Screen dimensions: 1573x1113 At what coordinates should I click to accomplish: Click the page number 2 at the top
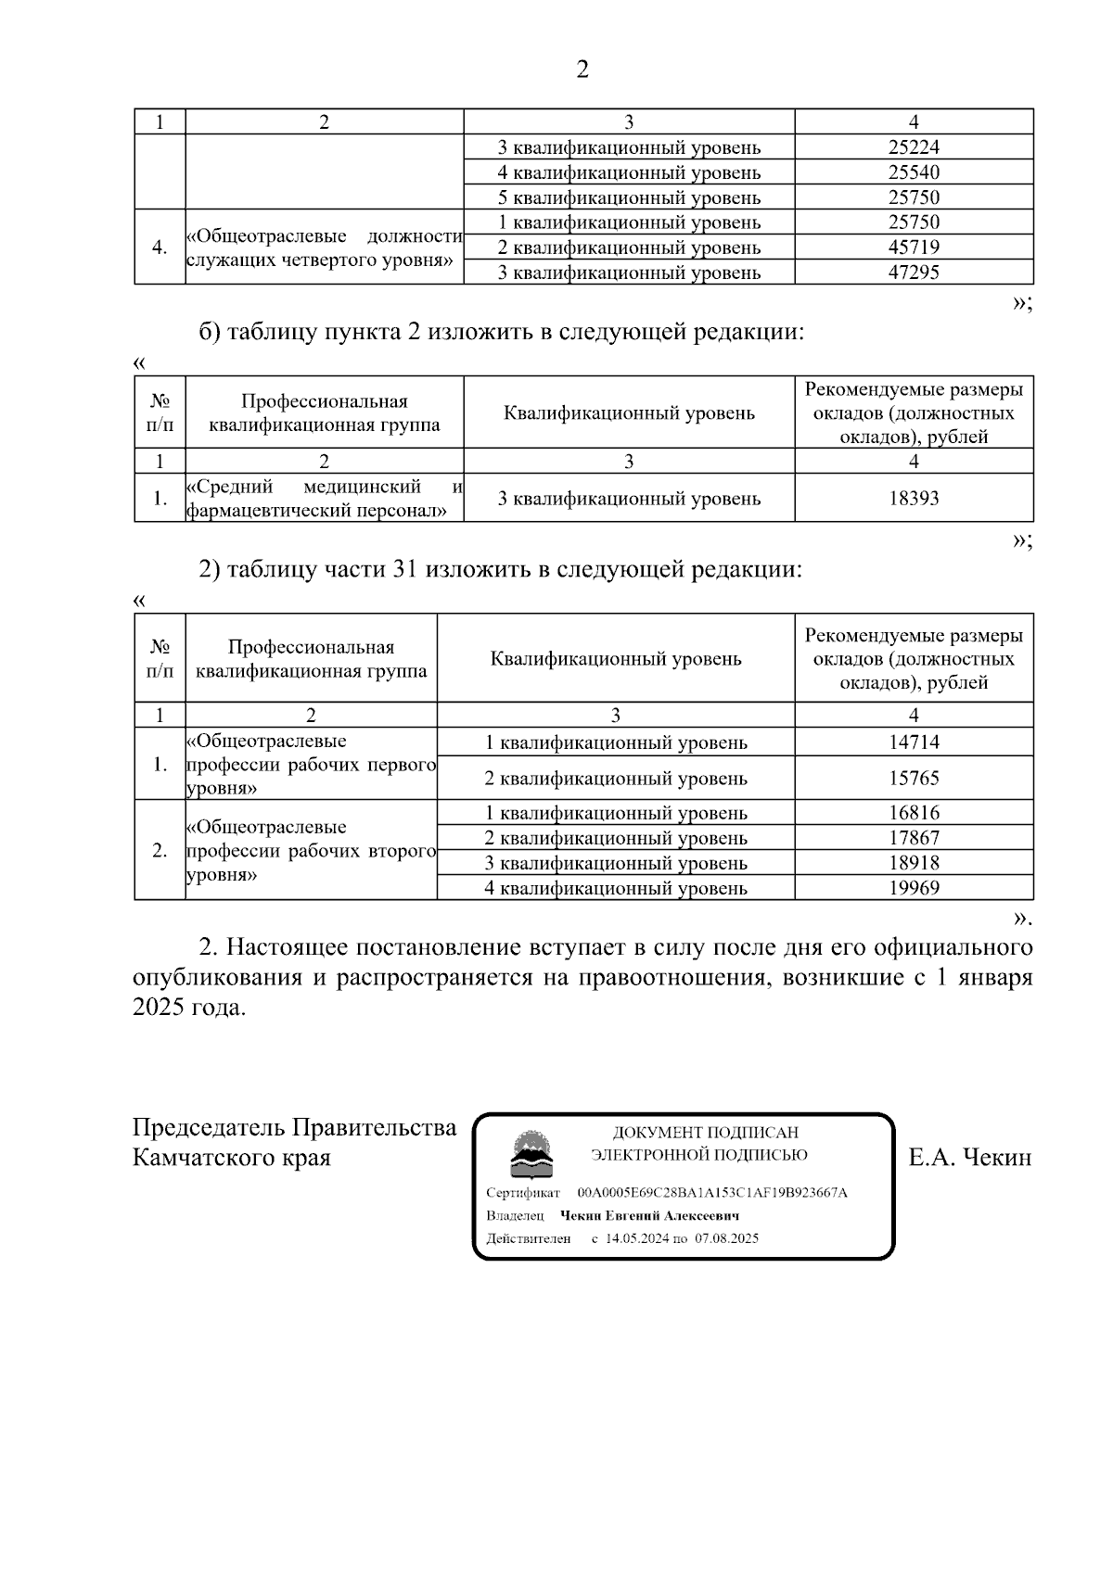point(582,70)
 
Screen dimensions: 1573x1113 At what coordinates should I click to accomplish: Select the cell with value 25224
point(914,147)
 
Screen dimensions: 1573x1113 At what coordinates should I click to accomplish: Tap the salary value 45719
point(914,247)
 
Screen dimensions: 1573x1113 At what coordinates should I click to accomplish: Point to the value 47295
point(914,273)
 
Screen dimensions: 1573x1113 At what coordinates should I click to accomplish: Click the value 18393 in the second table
point(914,499)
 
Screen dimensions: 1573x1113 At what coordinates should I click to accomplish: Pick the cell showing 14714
point(914,742)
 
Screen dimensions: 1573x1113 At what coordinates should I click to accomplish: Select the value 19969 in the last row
point(914,888)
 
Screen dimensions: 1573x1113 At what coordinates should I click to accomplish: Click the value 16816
point(914,813)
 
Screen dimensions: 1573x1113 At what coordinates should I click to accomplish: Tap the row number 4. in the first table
point(160,247)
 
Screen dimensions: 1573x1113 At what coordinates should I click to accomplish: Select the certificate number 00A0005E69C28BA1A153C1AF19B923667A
point(712,1192)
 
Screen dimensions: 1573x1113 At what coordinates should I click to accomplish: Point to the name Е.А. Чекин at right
point(970,1158)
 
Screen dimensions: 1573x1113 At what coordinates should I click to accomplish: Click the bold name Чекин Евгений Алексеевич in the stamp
point(649,1215)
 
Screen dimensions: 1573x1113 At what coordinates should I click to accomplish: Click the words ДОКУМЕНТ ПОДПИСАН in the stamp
point(705,1132)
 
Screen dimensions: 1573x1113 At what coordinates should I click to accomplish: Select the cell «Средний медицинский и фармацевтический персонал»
point(324,499)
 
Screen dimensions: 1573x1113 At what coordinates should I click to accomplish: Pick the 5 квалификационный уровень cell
point(629,197)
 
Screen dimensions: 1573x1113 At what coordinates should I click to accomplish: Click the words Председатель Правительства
point(294,1127)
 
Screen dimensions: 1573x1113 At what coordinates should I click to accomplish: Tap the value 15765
point(914,779)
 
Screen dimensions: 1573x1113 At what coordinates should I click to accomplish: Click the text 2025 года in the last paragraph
point(189,1008)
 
